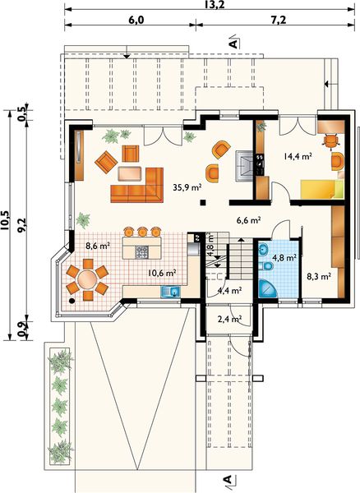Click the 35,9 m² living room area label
tap(187, 187)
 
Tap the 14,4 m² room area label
tap(298, 156)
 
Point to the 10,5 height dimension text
tap(6, 220)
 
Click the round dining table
tap(87, 279)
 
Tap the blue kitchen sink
tap(170, 292)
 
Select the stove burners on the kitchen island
tap(141, 252)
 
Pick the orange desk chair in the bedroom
tap(330, 140)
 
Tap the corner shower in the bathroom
tap(268, 288)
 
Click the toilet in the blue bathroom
tap(266, 266)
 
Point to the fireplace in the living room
tap(244, 165)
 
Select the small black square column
tap(203, 202)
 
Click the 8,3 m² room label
tap(319, 277)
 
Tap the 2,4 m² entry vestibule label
tap(229, 320)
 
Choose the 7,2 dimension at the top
tap(278, 20)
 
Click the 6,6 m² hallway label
tap(248, 220)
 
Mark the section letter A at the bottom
tap(228, 480)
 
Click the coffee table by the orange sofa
tap(130, 173)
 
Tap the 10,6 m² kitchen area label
tap(162, 273)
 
